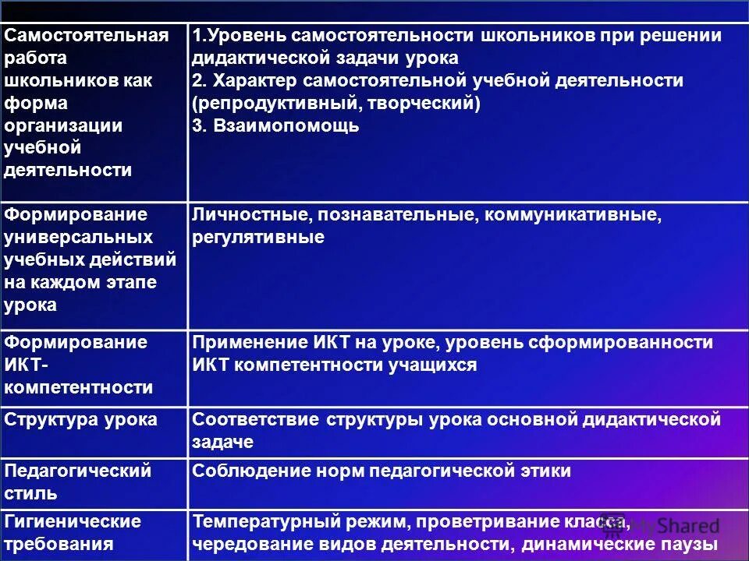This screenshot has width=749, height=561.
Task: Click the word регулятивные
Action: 258,238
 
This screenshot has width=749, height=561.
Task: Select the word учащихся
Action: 432,365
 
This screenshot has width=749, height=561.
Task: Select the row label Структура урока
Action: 81,420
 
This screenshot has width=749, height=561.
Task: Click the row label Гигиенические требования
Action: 73,532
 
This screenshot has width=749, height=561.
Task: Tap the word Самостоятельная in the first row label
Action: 86,36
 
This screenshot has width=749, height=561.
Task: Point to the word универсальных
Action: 78,237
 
